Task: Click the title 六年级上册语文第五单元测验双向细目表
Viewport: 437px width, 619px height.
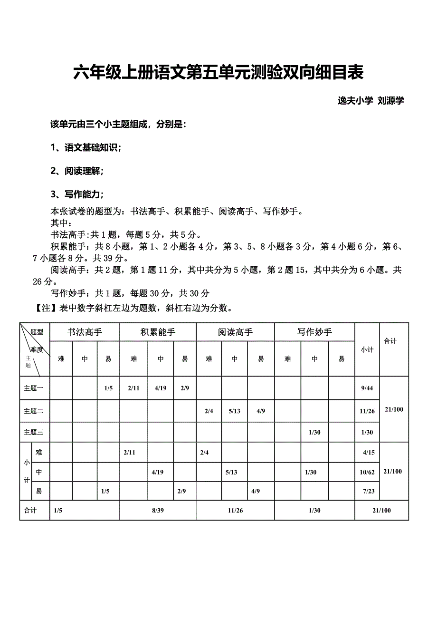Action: tap(218, 73)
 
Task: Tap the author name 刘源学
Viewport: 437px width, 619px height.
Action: tap(390, 101)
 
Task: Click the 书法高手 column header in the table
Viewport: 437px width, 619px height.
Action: tap(85, 332)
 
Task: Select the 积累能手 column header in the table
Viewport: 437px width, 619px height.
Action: tap(158, 332)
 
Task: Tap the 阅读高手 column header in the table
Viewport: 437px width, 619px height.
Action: tap(235, 332)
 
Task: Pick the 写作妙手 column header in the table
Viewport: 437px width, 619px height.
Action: tap(314, 332)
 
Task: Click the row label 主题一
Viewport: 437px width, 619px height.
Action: tap(34, 388)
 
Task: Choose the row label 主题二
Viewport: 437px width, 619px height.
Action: tap(34, 411)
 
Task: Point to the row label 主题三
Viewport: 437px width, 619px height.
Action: tap(34, 432)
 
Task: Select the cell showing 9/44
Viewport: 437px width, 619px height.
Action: tap(367, 388)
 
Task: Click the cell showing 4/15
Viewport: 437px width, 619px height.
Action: tap(369, 453)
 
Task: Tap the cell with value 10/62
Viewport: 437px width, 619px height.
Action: tap(368, 472)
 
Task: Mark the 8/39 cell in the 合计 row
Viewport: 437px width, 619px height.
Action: tap(158, 511)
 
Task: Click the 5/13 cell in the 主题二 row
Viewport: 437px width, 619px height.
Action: tap(234, 411)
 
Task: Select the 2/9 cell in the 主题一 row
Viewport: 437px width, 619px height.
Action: tap(185, 388)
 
